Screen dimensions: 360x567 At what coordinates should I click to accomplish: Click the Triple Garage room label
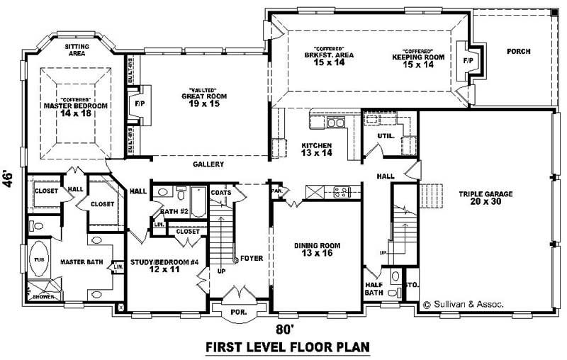(485, 198)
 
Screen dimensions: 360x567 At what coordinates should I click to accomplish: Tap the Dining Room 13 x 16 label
(318, 250)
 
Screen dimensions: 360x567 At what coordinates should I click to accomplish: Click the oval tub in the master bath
(38, 259)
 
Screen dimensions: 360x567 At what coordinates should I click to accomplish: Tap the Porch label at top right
(518, 52)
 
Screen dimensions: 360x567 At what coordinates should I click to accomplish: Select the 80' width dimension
(283, 329)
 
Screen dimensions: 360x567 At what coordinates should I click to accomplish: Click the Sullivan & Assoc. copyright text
(463, 304)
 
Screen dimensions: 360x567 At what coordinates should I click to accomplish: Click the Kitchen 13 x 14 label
(316, 149)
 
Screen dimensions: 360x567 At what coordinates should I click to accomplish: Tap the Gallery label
(208, 164)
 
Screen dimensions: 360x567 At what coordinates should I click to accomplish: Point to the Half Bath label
(374, 288)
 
